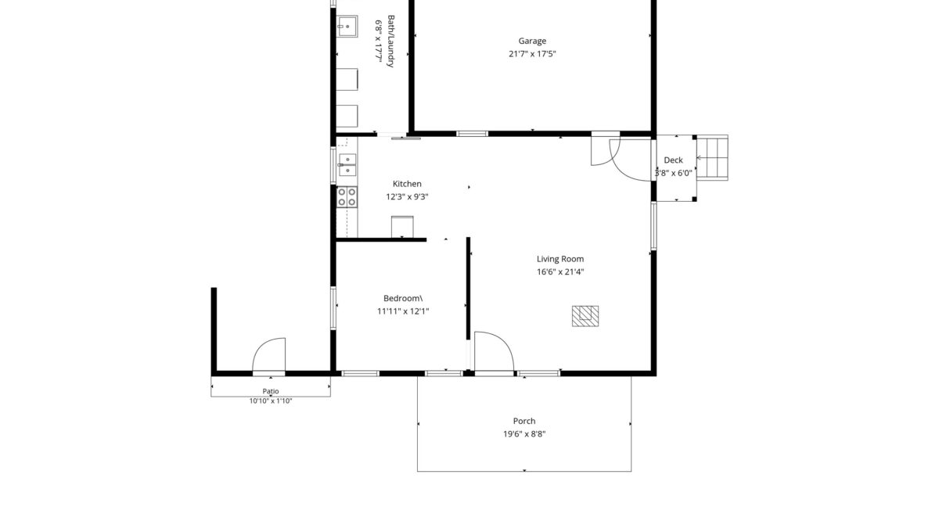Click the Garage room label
pyautogui.click(x=532, y=41)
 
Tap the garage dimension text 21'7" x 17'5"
pyautogui.click(x=532, y=54)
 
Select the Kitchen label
pyautogui.click(x=407, y=184)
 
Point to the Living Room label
pyautogui.click(x=560, y=259)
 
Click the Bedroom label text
pyautogui.click(x=403, y=298)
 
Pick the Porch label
pyautogui.click(x=524, y=421)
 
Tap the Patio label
pyautogui.click(x=271, y=391)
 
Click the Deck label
pyautogui.click(x=673, y=160)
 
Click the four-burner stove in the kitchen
pyautogui.click(x=347, y=197)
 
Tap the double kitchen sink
pyautogui.click(x=347, y=165)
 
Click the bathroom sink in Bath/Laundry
pyautogui.click(x=347, y=27)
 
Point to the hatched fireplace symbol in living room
pyautogui.click(x=585, y=316)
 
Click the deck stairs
pyautogui.click(x=712, y=157)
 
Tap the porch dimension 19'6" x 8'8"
pyautogui.click(x=524, y=434)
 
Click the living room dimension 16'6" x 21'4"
pyautogui.click(x=560, y=271)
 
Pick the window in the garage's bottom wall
pyautogui.click(x=472, y=134)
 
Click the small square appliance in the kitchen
pyautogui.click(x=402, y=227)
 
